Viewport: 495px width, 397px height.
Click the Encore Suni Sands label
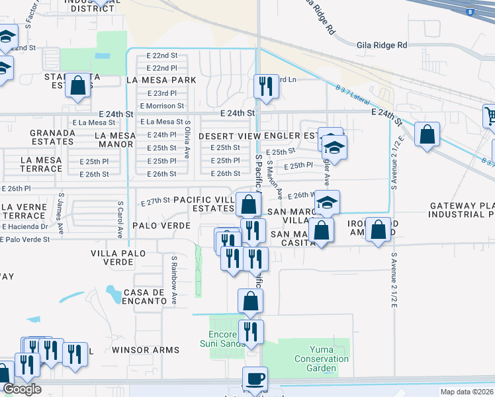[218, 338]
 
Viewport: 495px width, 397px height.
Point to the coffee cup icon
[254, 379]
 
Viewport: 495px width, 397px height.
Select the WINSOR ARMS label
[146, 349]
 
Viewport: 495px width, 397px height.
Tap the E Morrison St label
[162, 106]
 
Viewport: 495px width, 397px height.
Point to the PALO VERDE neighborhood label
[161, 226]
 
